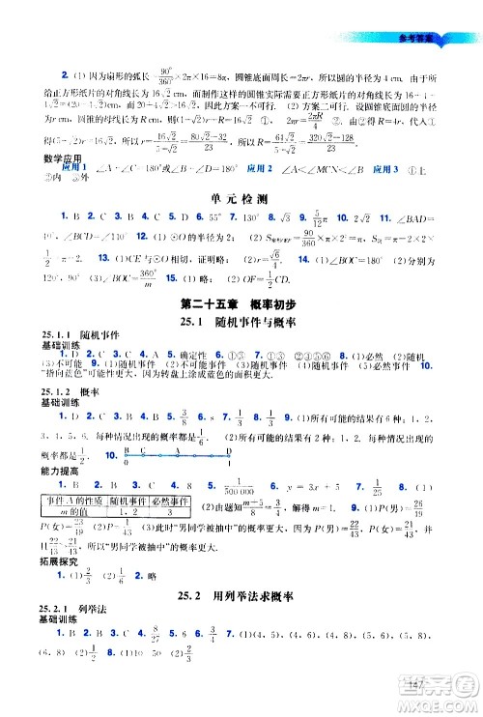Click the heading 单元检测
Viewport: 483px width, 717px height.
pos(241,196)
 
